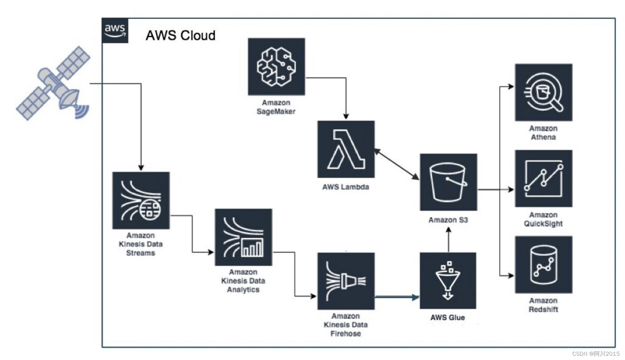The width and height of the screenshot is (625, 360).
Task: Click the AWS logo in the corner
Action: pos(115,31)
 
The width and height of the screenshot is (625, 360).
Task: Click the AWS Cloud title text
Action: pos(181,35)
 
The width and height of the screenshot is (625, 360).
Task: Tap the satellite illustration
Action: pos(53,83)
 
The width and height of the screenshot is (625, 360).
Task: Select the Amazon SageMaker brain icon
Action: pos(276,67)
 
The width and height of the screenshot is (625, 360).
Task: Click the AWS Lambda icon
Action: pos(346,149)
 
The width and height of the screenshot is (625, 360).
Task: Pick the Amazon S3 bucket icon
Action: pos(448,182)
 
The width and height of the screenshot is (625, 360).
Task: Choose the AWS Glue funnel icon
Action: pos(448,281)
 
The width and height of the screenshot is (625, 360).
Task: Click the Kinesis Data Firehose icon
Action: pos(346,281)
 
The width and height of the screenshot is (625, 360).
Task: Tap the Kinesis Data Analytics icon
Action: pos(243,237)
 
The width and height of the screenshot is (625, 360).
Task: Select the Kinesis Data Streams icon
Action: pos(141,201)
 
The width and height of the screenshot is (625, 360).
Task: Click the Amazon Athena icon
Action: pos(543,92)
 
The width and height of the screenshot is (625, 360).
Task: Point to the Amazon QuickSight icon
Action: pos(543,179)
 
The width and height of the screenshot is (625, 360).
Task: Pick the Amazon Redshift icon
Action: pos(543,265)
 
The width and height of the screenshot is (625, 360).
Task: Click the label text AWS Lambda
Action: pos(345,187)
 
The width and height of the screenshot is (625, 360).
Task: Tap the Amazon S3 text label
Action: pos(448,220)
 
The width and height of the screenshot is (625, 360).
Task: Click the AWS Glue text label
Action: pos(448,317)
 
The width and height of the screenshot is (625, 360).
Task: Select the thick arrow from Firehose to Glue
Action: pos(397,297)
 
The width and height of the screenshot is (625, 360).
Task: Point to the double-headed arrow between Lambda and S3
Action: pos(397,164)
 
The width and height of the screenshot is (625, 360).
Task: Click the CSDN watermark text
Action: pos(596,354)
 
